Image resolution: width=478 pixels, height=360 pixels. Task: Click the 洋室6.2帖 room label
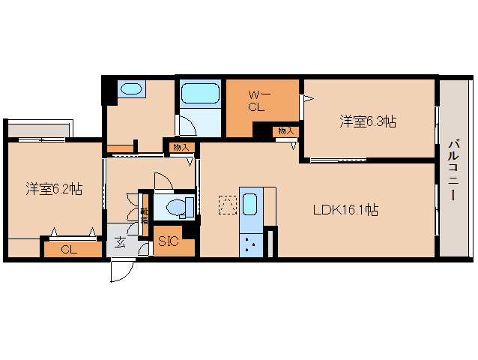[x=54, y=190]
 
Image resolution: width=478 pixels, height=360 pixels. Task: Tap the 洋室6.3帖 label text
[x=368, y=121]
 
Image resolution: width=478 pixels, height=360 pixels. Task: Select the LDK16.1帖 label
[x=345, y=211]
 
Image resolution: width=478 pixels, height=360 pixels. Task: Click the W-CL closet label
[x=257, y=100]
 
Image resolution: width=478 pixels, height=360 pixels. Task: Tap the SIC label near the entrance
[x=167, y=242]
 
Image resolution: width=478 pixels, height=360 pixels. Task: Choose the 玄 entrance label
[x=121, y=243]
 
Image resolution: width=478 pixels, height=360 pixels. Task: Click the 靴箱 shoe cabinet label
[x=144, y=216]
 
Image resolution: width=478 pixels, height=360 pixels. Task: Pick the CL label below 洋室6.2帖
[x=68, y=248]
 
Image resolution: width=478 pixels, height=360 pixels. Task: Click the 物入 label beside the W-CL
[x=285, y=130]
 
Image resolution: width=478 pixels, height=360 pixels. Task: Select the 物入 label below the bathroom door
[x=181, y=147]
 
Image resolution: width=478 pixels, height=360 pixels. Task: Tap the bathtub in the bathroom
[x=199, y=94]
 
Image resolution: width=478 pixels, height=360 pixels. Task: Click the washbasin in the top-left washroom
[x=131, y=90]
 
